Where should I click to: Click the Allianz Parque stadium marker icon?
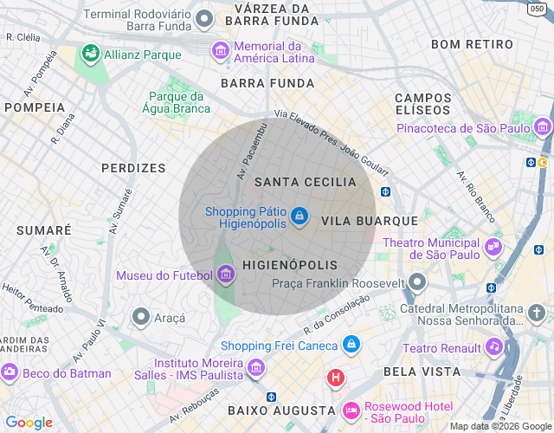click(89, 55)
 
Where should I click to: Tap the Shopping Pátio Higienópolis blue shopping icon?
click(300, 216)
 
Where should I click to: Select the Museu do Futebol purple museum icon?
click(226, 275)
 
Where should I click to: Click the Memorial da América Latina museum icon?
click(221, 51)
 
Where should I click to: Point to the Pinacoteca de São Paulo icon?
click(543, 129)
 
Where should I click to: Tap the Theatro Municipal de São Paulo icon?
click(493, 248)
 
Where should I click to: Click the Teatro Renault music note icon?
click(493, 347)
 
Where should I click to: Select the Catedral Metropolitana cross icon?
click(537, 313)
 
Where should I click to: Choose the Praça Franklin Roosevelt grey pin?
click(418, 282)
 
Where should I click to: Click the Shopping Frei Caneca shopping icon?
click(351, 345)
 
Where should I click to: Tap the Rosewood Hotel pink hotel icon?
click(351, 409)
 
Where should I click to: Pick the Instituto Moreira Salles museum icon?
click(255, 368)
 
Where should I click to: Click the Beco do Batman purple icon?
click(10, 373)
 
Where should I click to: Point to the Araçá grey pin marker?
click(140, 318)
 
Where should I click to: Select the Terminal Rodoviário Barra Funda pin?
click(204, 18)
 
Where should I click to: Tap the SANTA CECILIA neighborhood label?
click(305, 182)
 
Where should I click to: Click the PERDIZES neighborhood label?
click(132, 168)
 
